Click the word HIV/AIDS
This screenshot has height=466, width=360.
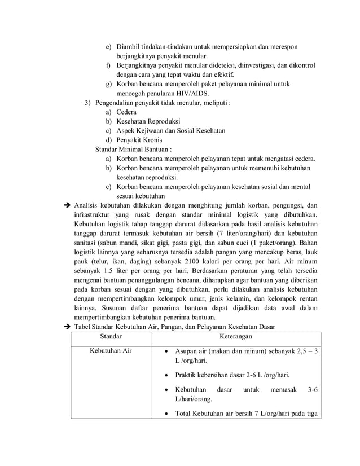point(189,93)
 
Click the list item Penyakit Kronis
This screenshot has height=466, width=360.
point(139,139)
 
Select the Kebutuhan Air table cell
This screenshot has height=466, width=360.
point(111,351)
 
